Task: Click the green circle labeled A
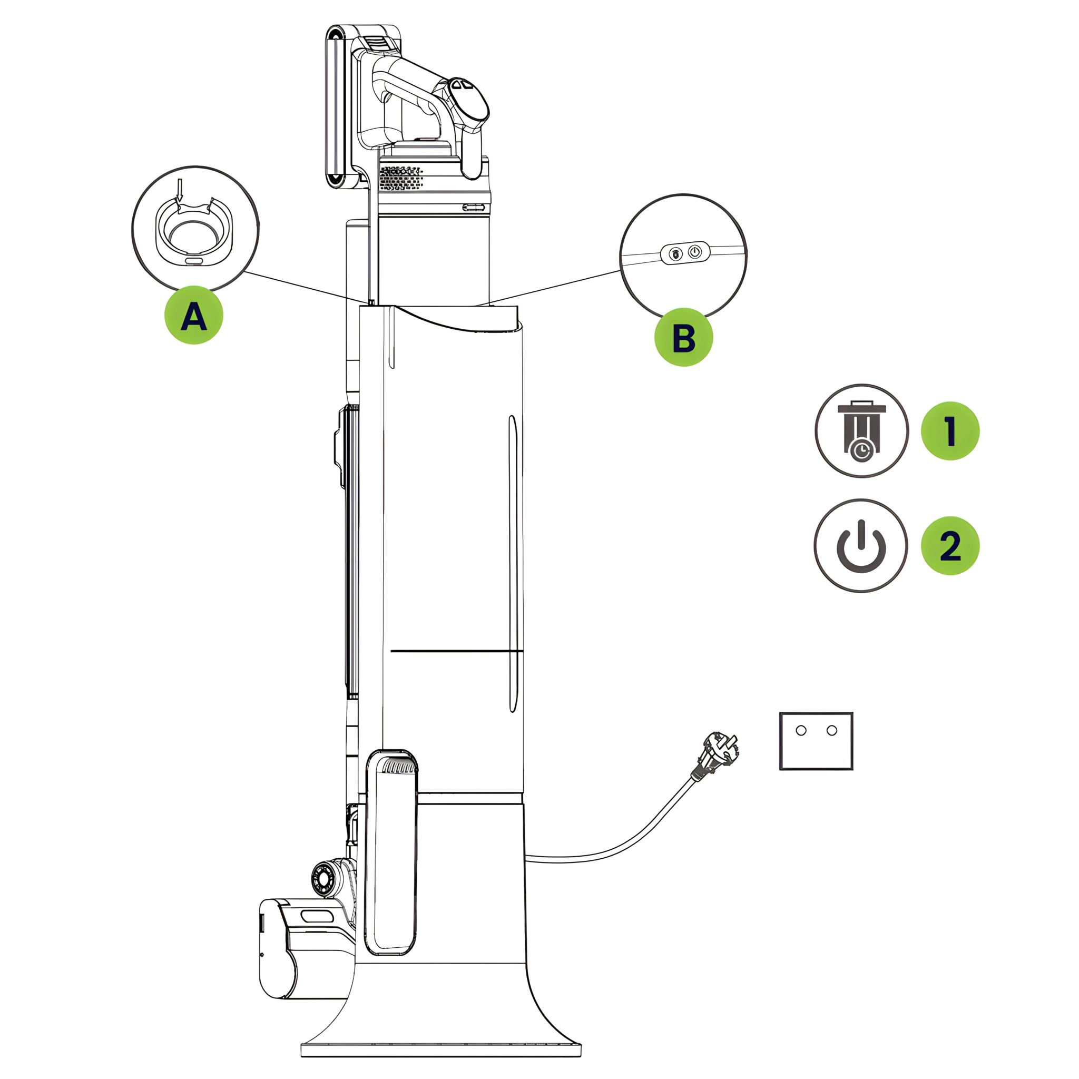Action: [x=193, y=316]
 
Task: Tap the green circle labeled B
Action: [x=683, y=337]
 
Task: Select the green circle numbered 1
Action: [x=949, y=430]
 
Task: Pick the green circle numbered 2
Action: [x=949, y=545]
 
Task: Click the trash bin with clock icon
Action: [x=861, y=430]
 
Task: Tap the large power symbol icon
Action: [x=861, y=546]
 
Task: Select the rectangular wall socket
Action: [x=816, y=741]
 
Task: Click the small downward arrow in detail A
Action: [x=179, y=190]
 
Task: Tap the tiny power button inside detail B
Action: [x=694, y=252]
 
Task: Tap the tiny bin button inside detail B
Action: [x=675, y=254]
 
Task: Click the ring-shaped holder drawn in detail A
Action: [x=193, y=232]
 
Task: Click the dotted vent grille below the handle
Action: [x=400, y=178]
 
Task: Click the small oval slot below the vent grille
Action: [x=474, y=207]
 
